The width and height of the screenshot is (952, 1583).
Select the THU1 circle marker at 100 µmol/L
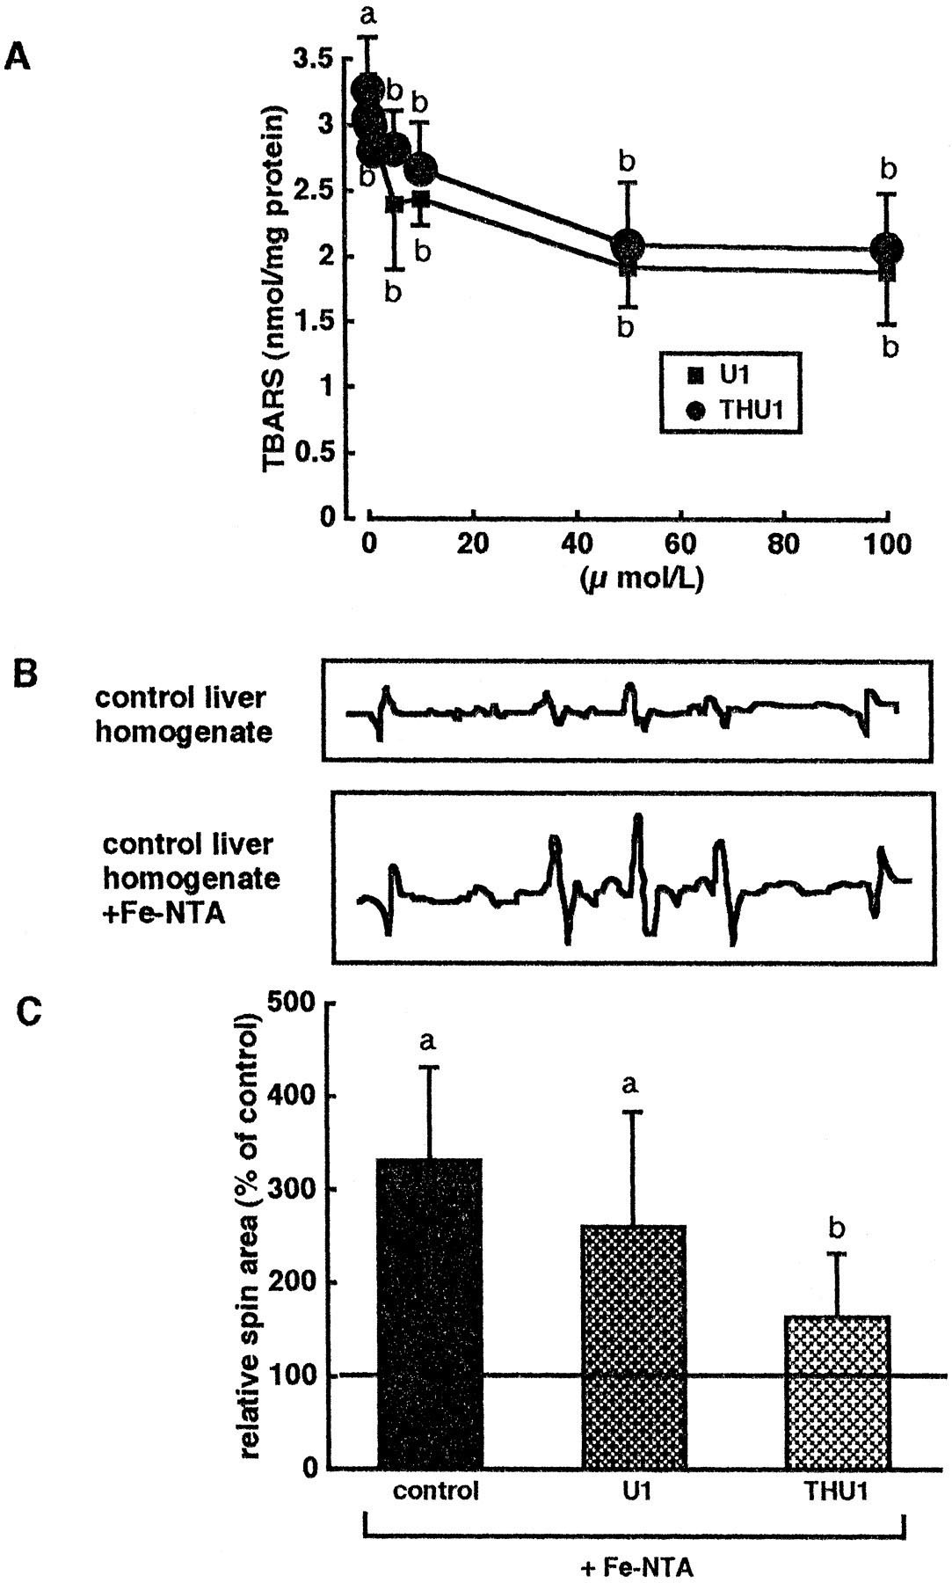[x=888, y=249]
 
